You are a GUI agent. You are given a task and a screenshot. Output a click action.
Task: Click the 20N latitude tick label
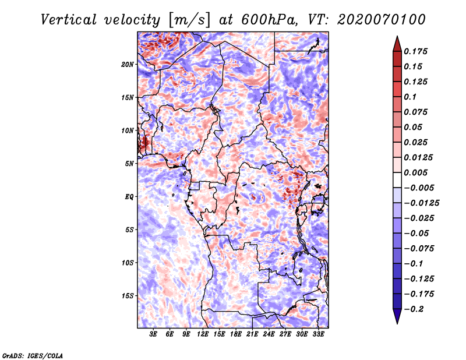pos(128,65)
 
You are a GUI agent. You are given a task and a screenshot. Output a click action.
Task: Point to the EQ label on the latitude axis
pos(129,197)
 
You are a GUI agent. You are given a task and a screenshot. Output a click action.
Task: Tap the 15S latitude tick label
pos(128,296)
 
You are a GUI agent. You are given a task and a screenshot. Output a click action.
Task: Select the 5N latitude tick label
pos(129,164)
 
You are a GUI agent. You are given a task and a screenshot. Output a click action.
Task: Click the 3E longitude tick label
pos(153,334)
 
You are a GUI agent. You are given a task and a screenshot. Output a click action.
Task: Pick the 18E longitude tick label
pos(236,334)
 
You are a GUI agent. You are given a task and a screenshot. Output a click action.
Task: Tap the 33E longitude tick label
pos(318,334)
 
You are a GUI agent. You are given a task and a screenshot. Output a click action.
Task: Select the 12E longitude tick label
pos(203,334)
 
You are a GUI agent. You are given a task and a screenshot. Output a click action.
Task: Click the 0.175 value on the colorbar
pos(415,51)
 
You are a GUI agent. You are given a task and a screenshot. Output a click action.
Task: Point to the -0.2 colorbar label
pos(414,309)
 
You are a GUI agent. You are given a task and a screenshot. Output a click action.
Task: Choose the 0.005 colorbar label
pos(415,172)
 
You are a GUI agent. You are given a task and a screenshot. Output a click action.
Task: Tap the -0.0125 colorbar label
pos(421,203)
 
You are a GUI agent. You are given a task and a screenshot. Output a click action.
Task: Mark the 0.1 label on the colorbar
pos(410,97)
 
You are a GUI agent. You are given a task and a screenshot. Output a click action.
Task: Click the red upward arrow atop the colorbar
pos(397,44)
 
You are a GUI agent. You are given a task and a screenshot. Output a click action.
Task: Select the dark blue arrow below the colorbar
pos(397,316)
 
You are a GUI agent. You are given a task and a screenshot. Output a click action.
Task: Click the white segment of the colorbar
pos(397,180)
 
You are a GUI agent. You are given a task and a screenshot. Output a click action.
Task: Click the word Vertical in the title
pos(69,20)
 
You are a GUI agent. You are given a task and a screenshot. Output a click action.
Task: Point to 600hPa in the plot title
pos(269,20)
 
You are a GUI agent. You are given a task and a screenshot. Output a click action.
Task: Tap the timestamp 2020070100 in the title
pos(382,20)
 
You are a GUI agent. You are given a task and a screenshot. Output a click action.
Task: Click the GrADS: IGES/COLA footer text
pos(33,356)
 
